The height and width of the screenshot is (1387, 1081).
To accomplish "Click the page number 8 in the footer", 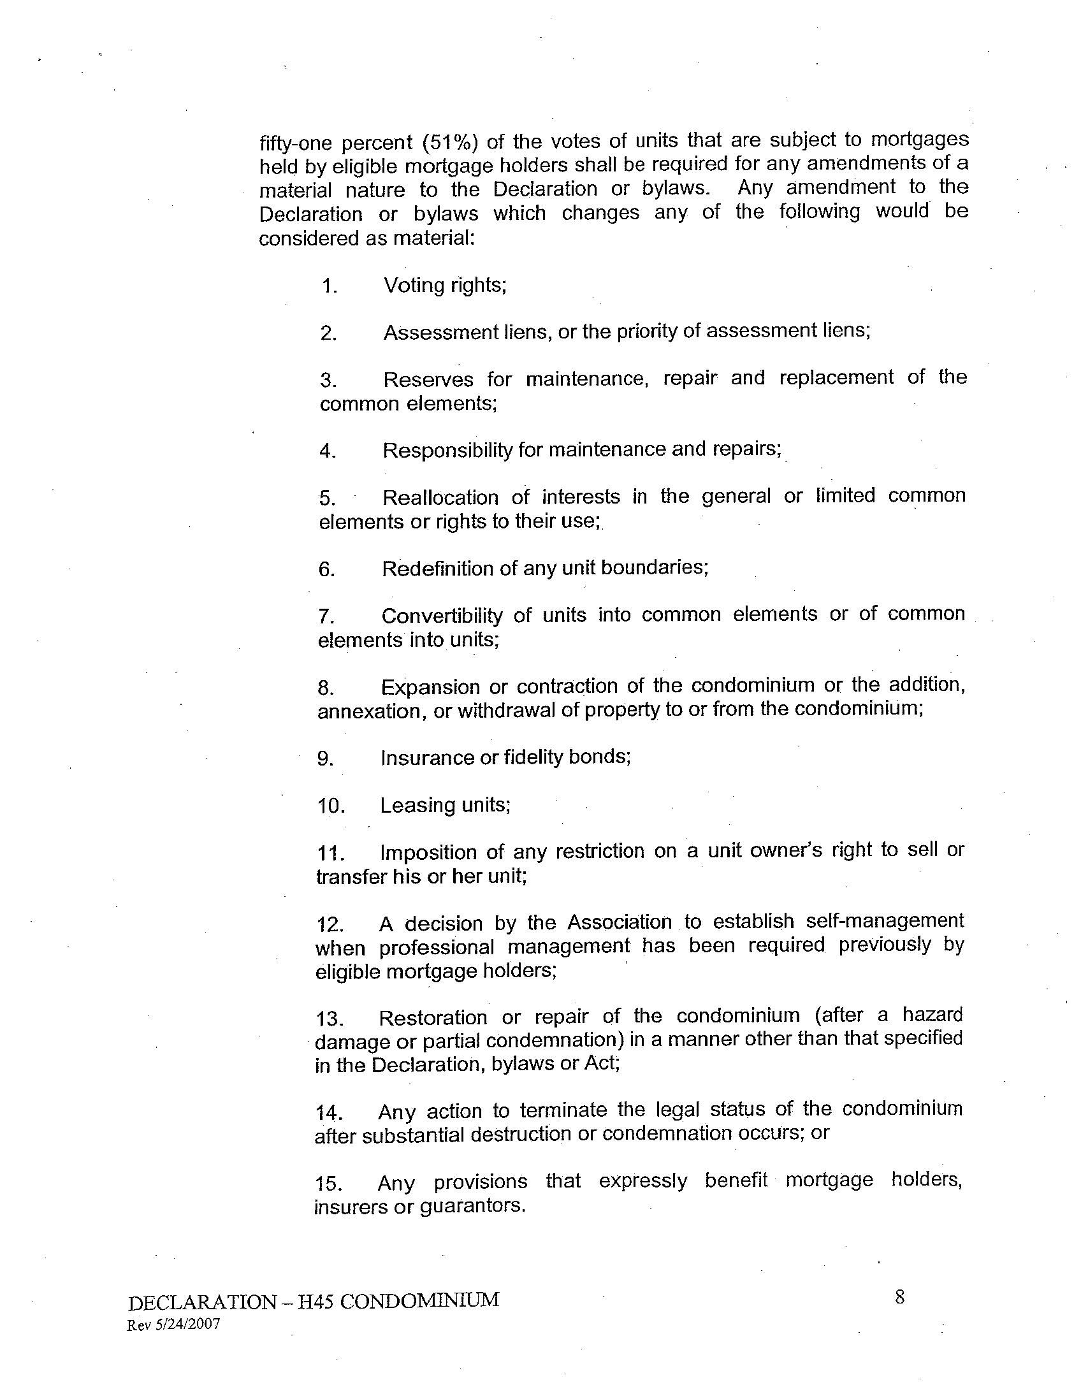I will [x=900, y=1297].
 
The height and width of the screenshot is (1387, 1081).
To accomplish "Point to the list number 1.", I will [x=329, y=286].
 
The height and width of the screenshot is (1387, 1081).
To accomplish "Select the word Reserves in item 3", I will [x=428, y=379].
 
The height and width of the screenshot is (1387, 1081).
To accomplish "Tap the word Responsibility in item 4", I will [x=447, y=450].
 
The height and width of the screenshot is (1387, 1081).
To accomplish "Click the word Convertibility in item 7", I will [x=442, y=616].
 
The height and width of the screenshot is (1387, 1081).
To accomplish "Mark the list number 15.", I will [x=330, y=1184].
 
